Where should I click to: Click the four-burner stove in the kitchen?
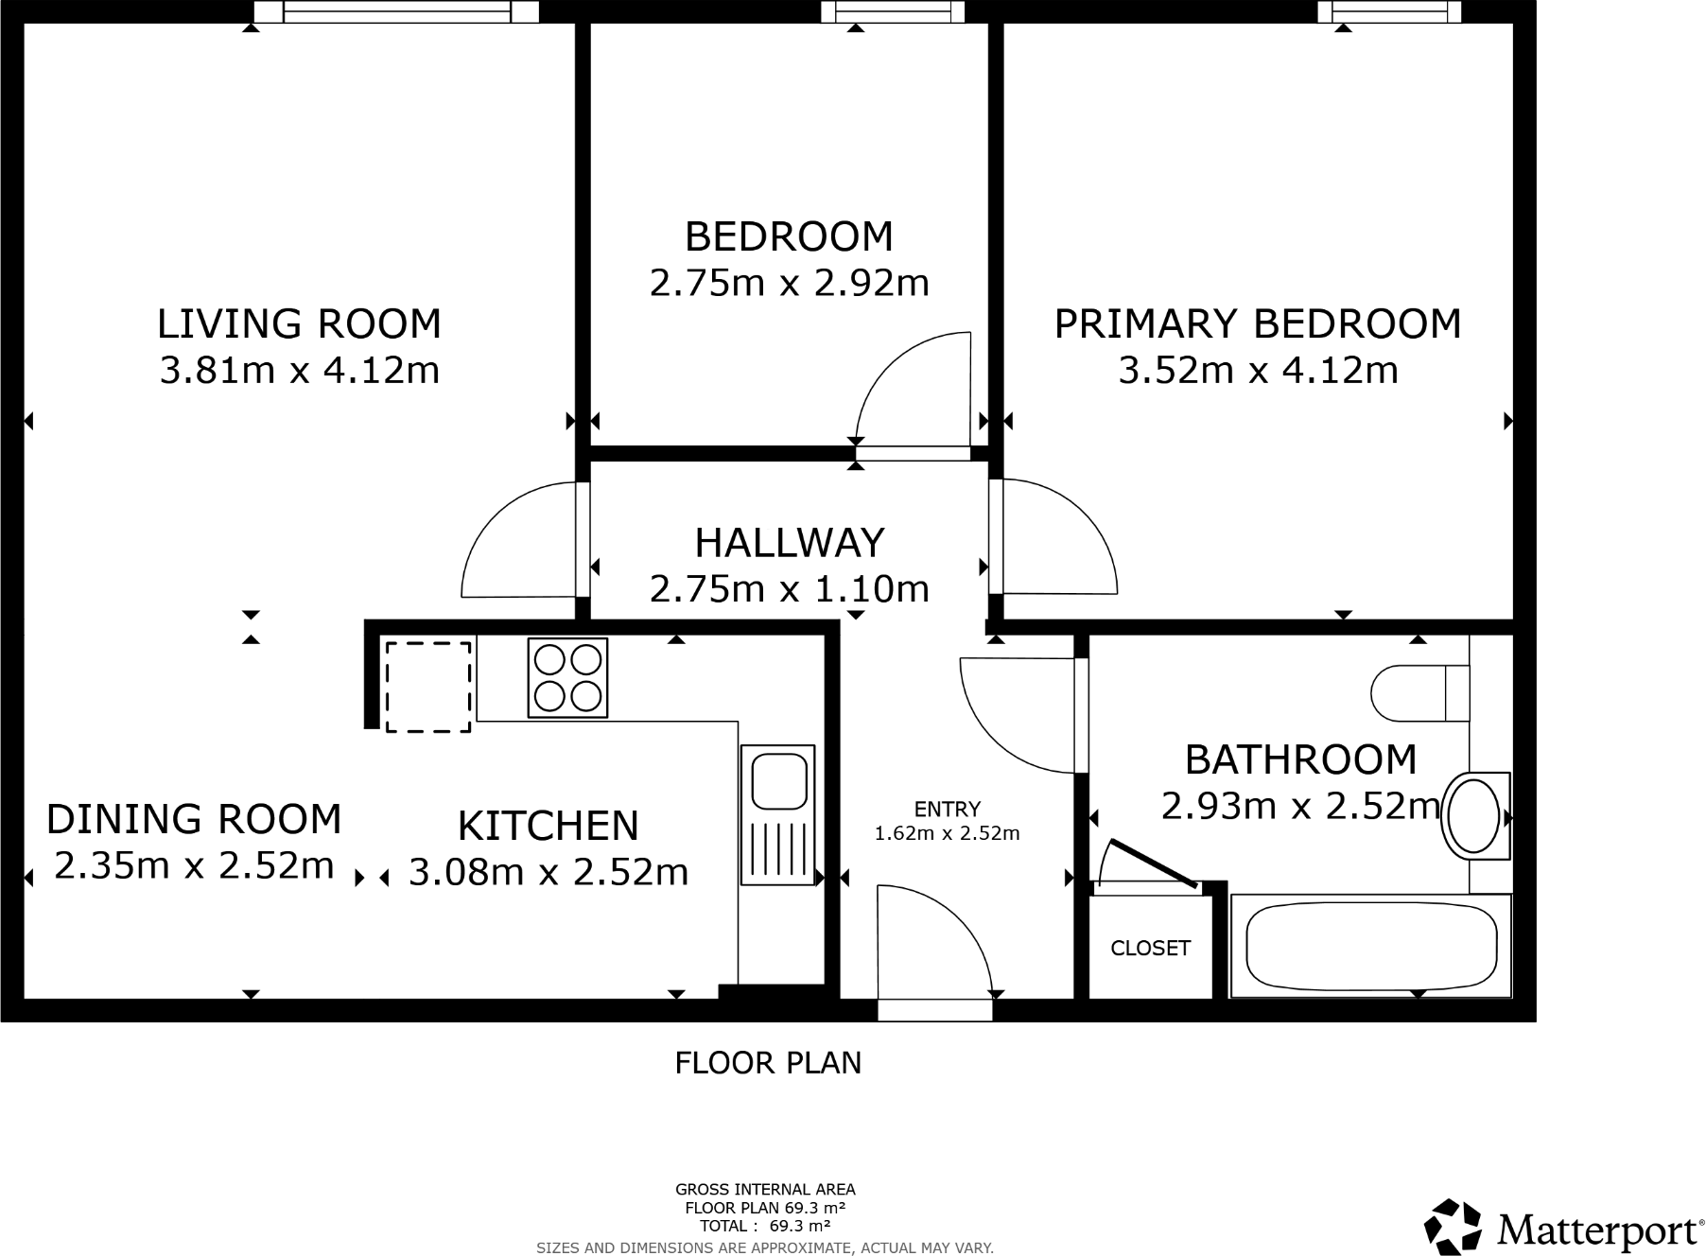click(567, 678)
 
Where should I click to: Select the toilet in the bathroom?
click(1419, 692)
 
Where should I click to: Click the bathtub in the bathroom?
click(1370, 946)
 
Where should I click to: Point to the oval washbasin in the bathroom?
click(1472, 815)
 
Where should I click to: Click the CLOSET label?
click(1150, 948)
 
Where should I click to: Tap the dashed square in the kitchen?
click(427, 687)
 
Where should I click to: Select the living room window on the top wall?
click(397, 12)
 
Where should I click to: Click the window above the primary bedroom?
click(1389, 12)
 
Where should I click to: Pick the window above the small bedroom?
click(893, 12)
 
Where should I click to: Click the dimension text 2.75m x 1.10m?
click(789, 589)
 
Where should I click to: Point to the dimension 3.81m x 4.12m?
click(299, 370)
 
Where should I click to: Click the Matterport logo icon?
click(1453, 1227)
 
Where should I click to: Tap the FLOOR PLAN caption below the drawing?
click(768, 1063)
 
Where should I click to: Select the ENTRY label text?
click(947, 809)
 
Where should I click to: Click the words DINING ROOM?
click(194, 819)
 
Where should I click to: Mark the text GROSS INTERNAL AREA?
click(764, 1190)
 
